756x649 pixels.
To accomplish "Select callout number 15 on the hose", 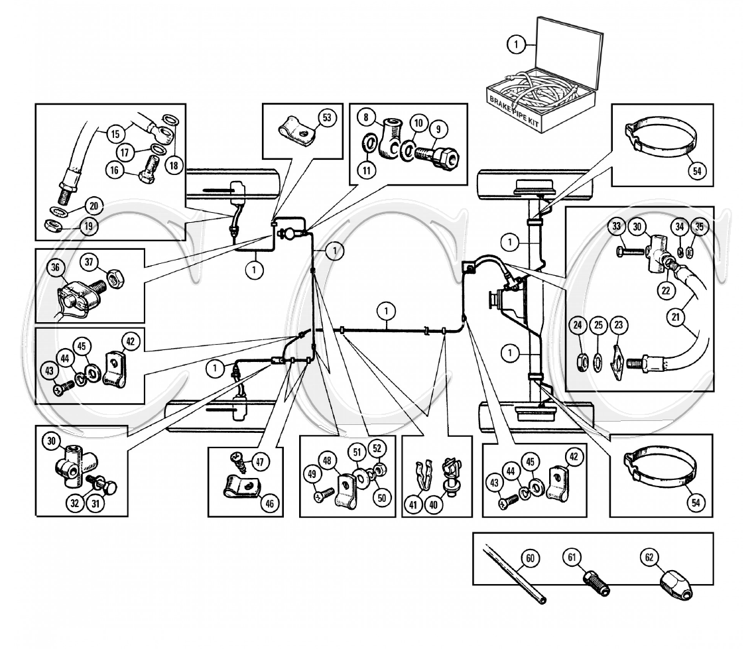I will coord(116,133).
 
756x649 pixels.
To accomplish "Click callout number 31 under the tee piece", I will coord(97,504).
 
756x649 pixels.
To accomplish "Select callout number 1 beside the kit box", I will coord(515,44).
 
